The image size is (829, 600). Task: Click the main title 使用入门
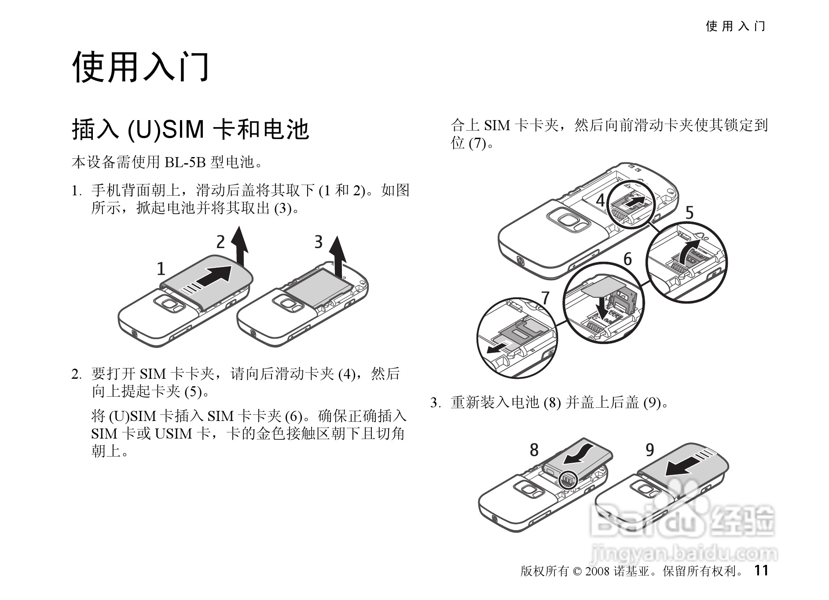pos(141,67)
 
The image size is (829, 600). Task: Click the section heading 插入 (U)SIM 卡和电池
pos(190,130)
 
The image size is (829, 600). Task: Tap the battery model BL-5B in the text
pos(185,163)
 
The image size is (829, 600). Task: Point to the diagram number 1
pos(161,268)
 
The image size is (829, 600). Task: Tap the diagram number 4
pos(601,201)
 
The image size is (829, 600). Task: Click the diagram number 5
pos(689,213)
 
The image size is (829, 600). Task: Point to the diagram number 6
pos(627,259)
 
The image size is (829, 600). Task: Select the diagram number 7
pos(545,298)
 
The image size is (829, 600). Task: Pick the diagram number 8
pos(534,450)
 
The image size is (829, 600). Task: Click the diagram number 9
pos(649,450)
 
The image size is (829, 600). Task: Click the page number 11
pos(761,570)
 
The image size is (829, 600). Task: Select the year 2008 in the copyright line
pos(597,571)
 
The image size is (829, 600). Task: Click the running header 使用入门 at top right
pos(735,26)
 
